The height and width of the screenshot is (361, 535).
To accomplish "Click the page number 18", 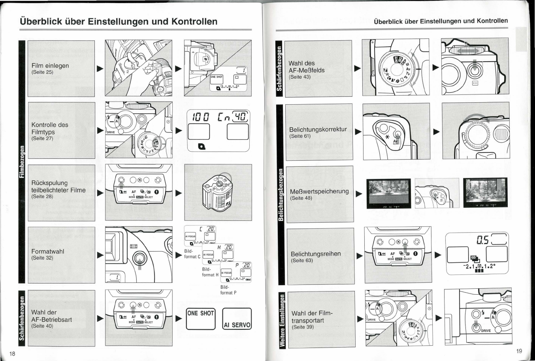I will pos(12,353).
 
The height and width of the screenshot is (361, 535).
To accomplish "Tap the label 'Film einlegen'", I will pos(50,66).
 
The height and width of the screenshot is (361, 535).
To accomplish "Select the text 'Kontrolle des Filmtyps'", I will pos(49,128).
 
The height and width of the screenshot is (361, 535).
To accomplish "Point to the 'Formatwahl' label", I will pos(47,251).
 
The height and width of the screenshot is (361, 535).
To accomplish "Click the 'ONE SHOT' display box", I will pos(200,318).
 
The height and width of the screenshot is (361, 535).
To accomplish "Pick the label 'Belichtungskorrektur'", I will pos(318,129).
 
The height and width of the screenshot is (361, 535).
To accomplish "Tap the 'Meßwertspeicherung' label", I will pos(319,191).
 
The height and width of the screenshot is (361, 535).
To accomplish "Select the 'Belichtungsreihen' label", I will pos(315,254).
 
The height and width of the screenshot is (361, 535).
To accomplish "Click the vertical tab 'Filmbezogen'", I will pos(23,162).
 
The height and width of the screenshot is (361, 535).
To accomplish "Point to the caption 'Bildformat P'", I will pos(228,290).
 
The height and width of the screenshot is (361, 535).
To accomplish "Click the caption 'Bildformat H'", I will pos(210,272).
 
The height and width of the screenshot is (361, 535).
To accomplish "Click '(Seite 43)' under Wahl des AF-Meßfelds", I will pos(300,77).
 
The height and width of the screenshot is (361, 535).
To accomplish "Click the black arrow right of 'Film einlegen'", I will pos(100,68).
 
